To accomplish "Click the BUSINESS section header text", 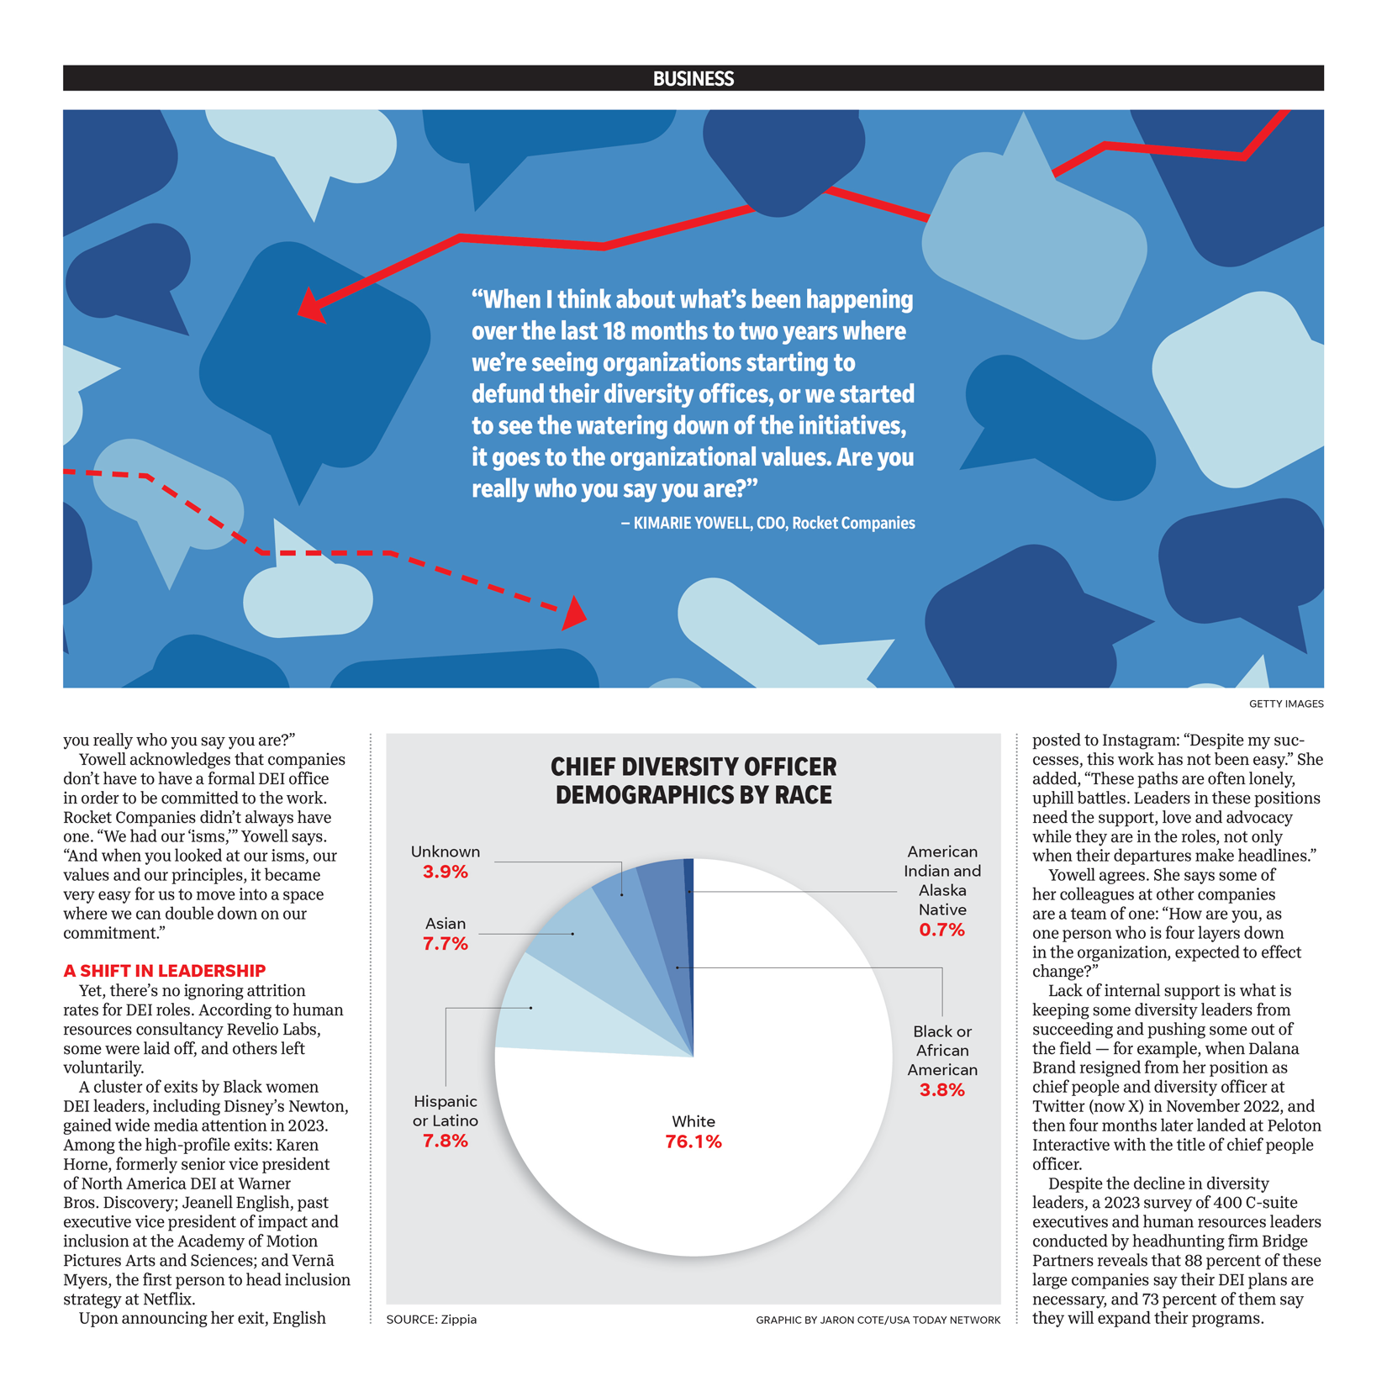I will tap(693, 78).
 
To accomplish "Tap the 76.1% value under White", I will tap(693, 1141).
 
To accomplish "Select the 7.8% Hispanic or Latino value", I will tap(445, 1141).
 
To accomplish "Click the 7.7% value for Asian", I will tap(445, 943).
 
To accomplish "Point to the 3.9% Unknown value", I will tap(445, 872).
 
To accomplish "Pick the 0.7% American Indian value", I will tap(941, 930).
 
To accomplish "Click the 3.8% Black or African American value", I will tap(941, 1090).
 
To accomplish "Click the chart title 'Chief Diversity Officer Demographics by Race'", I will tap(693, 781).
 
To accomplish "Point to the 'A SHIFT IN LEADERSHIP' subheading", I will tap(165, 971).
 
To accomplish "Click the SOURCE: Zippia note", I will tap(431, 1320).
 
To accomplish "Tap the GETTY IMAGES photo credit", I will tap(1285, 704).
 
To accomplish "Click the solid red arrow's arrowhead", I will tap(309, 308).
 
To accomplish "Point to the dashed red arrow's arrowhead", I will tap(575, 613).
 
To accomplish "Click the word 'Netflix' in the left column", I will tap(167, 1299).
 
